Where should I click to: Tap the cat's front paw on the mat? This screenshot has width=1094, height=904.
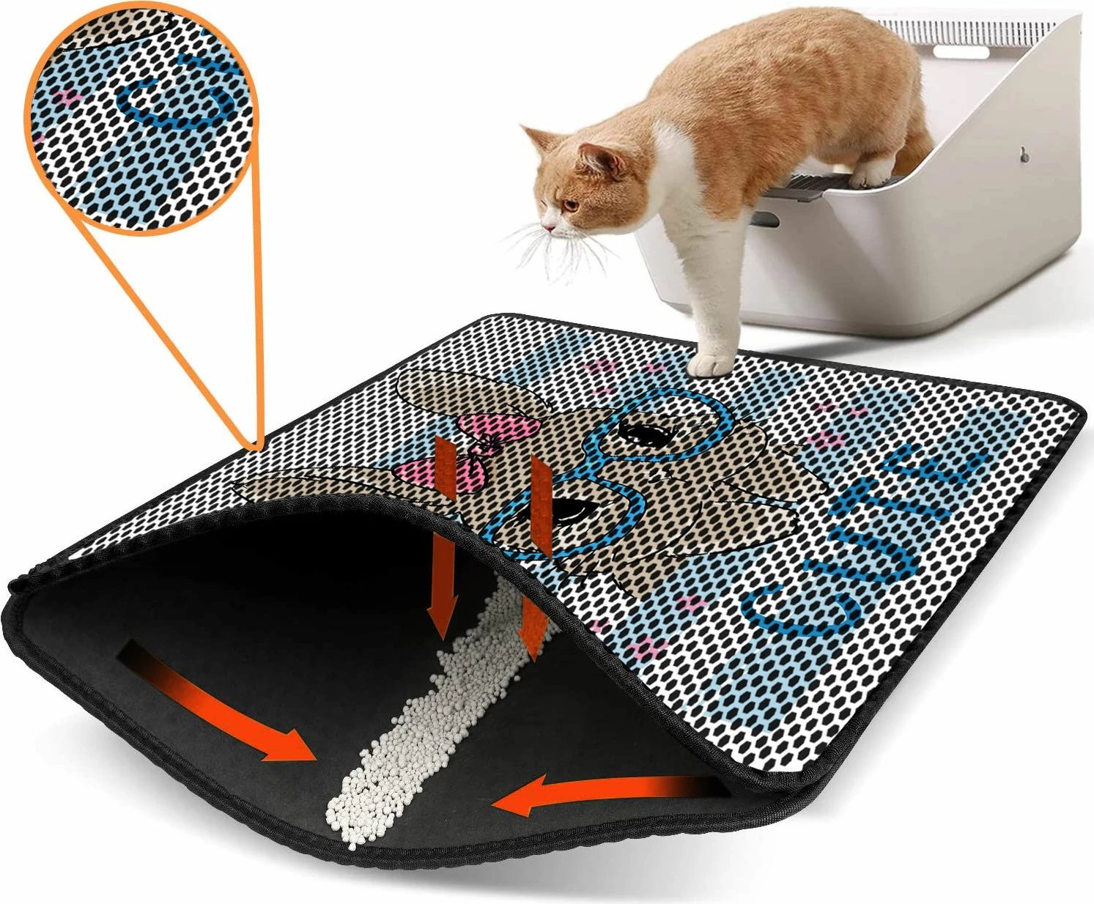pos(711,364)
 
